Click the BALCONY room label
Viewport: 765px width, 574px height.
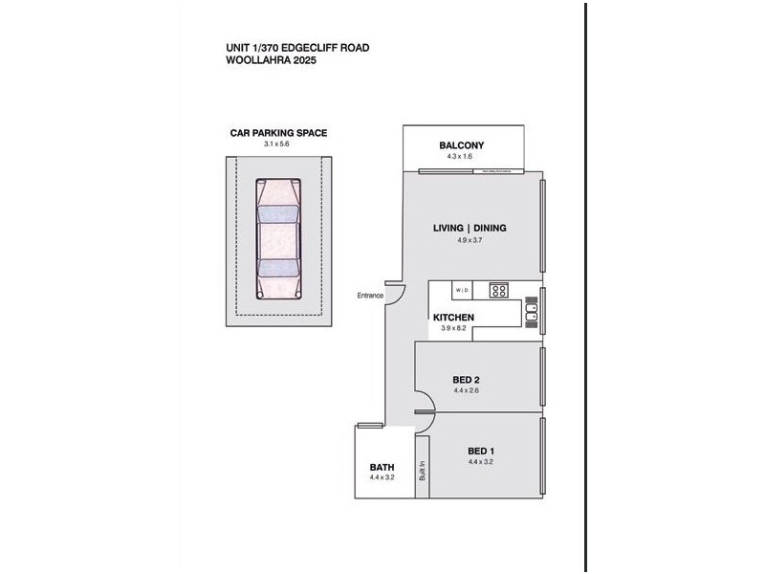(x=462, y=145)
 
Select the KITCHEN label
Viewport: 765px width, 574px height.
(x=453, y=317)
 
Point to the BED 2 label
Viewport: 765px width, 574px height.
(x=466, y=380)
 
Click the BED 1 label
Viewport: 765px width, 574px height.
(x=480, y=451)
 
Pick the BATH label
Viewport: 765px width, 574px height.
(x=382, y=467)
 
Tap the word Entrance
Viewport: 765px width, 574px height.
(x=370, y=295)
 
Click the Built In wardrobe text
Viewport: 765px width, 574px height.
(x=422, y=474)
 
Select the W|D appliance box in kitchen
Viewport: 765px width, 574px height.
(x=462, y=289)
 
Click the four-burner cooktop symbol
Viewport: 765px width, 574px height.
(x=498, y=290)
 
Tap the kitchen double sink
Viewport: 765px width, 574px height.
(x=531, y=310)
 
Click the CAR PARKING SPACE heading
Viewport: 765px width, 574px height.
(x=278, y=133)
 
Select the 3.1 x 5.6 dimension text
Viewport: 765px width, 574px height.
(x=276, y=143)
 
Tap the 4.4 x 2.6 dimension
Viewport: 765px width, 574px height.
(x=467, y=390)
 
